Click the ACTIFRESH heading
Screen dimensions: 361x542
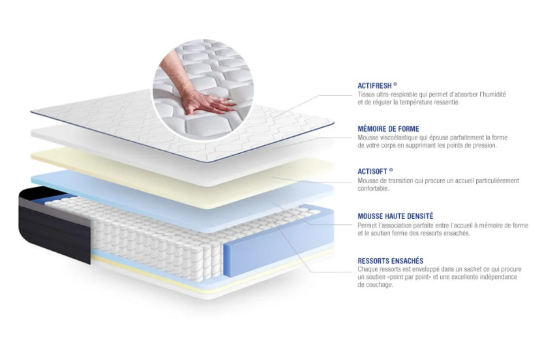(377, 85)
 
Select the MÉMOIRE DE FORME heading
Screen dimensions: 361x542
(388, 129)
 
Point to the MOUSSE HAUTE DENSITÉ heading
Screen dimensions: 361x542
(395, 216)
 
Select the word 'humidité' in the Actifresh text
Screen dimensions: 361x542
(492, 94)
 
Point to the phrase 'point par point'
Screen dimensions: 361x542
(411, 277)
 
